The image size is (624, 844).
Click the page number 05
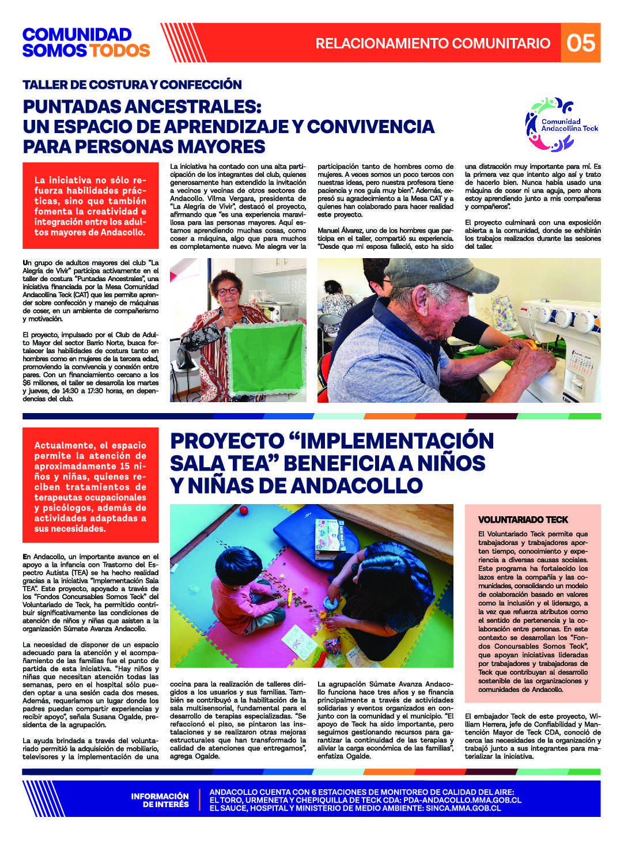tap(580, 43)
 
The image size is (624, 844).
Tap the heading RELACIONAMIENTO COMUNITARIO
tap(433, 43)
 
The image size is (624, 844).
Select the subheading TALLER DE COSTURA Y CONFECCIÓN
tap(132, 85)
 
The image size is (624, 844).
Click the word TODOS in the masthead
tap(119, 51)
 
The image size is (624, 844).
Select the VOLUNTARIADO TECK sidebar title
tap(523, 520)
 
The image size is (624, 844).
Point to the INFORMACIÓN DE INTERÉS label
tap(160, 800)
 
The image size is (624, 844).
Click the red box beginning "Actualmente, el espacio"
tap(90, 486)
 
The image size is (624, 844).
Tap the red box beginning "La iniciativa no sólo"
tap(90, 206)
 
